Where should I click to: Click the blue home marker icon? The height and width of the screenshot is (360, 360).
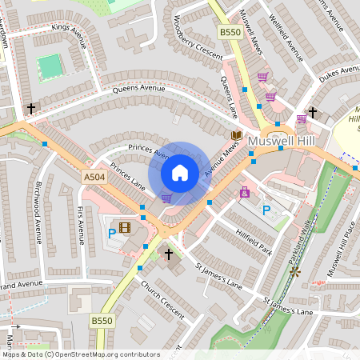[180, 172]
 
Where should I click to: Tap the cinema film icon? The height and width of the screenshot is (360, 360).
[125, 228]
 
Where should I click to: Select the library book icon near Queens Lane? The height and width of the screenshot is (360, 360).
[236, 135]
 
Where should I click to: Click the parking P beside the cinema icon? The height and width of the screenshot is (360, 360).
[111, 234]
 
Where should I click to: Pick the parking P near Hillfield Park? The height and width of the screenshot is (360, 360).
[266, 210]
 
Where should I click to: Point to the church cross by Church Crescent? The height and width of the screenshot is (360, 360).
[168, 254]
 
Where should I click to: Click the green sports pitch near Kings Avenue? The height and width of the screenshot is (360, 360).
[50, 66]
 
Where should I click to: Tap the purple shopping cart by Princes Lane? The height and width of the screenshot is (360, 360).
[166, 198]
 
